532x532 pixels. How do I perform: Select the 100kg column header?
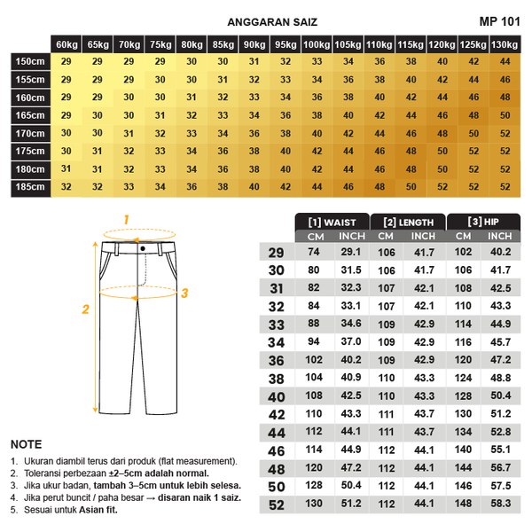[317, 44]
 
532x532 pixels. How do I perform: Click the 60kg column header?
[66, 44]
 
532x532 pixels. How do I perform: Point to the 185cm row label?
[29, 187]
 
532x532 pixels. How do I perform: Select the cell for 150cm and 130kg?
[505, 61]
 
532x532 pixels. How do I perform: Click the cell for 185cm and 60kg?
[66, 187]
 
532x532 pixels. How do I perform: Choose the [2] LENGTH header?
[408, 223]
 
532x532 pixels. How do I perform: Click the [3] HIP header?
[482, 223]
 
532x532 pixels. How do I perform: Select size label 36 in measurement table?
[276, 361]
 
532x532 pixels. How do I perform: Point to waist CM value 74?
[313, 253]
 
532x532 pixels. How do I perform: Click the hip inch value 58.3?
[501, 505]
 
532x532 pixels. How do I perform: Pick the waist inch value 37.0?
[352, 342]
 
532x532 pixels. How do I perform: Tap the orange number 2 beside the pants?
[86, 309]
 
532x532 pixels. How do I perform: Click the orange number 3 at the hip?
[185, 293]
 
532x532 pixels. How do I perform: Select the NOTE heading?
[26, 444]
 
